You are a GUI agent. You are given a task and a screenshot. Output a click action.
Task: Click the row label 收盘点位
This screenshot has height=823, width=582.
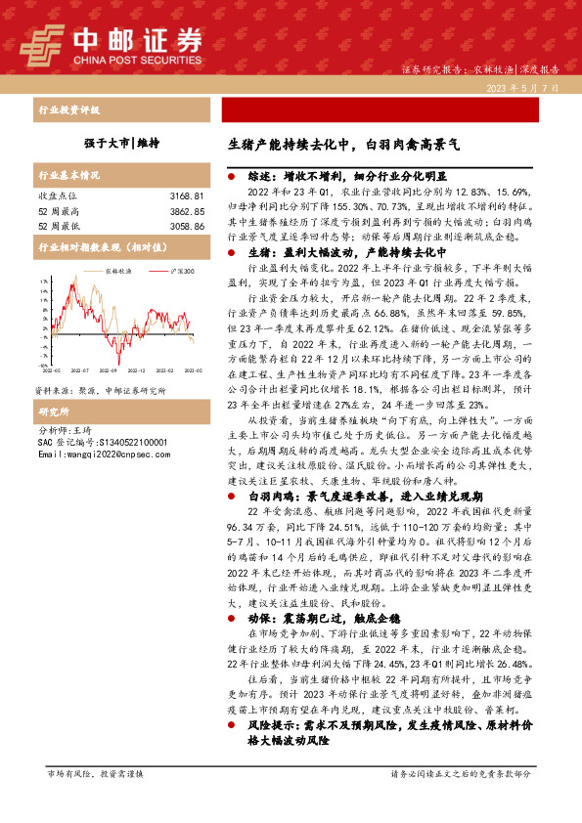tap(56, 196)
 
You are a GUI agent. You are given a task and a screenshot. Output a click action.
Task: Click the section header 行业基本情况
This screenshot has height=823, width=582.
tap(69, 176)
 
